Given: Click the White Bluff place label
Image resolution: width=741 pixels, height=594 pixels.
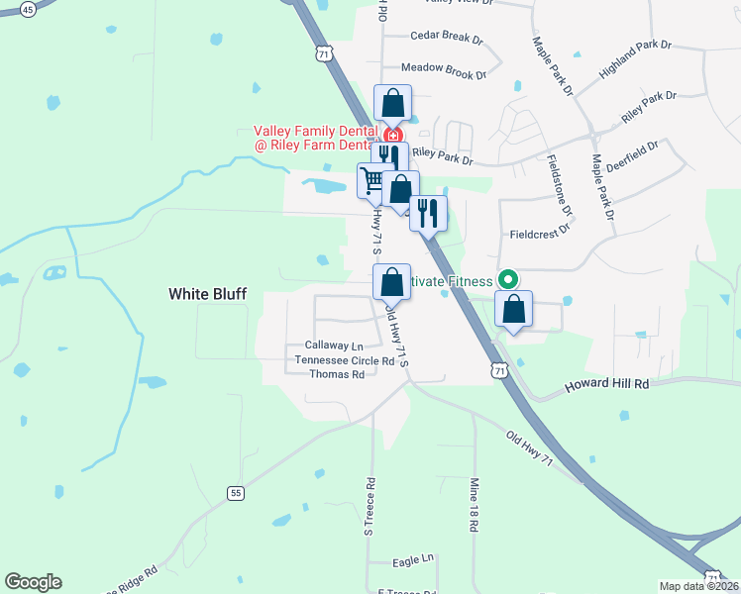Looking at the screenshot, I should pyautogui.click(x=207, y=294).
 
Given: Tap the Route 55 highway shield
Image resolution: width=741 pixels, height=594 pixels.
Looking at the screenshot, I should pyautogui.click(x=235, y=493).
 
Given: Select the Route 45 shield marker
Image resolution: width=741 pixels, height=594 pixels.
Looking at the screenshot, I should pyautogui.click(x=27, y=9).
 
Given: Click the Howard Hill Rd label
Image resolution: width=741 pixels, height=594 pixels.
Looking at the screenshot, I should pyautogui.click(x=607, y=383).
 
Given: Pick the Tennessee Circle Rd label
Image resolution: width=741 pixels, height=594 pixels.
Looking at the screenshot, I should pyautogui.click(x=345, y=360).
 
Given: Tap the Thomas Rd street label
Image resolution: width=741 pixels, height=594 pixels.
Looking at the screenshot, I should pyautogui.click(x=337, y=374).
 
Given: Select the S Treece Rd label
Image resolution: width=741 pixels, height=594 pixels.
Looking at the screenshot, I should pyautogui.click(x=370, y=507).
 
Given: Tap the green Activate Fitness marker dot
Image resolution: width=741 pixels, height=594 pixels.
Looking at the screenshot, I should pyautogui.click(x=509, y=280).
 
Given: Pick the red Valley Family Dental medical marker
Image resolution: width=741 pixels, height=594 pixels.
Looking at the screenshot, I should pyautogui.click(x=393, y=135).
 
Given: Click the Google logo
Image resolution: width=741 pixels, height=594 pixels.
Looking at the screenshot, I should pyautogui.click(x=33, y=582).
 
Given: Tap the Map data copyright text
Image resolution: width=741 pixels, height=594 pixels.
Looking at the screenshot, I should pyautogui.click(x=698, y=586).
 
